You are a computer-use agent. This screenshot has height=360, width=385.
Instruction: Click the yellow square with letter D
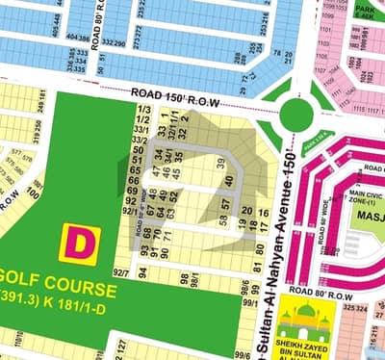click(75, 243)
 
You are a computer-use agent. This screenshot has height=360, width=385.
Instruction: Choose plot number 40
click(229, 178)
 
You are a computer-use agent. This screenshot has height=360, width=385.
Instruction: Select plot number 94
click(142, 273)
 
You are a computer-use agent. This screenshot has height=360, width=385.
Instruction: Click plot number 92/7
click(122, 272)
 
